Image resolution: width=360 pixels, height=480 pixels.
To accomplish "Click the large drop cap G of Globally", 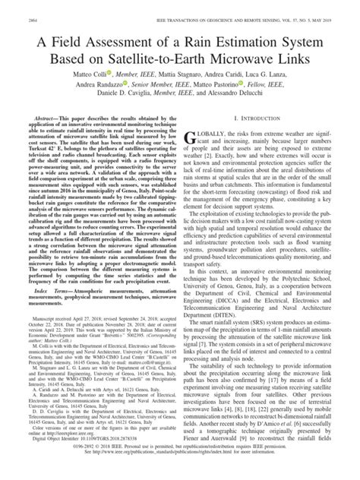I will point(195,140).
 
